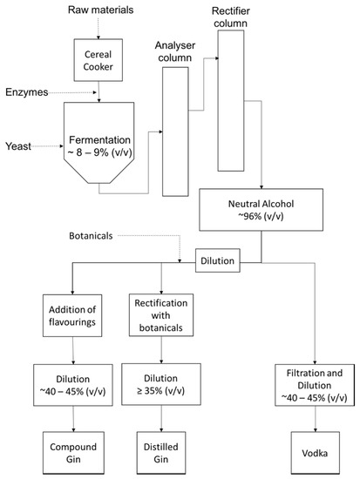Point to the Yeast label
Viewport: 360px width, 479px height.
(x=19, y=147)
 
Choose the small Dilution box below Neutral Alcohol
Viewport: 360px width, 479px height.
(x=219, y=259)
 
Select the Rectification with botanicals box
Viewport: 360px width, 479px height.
(x=158, y=314)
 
